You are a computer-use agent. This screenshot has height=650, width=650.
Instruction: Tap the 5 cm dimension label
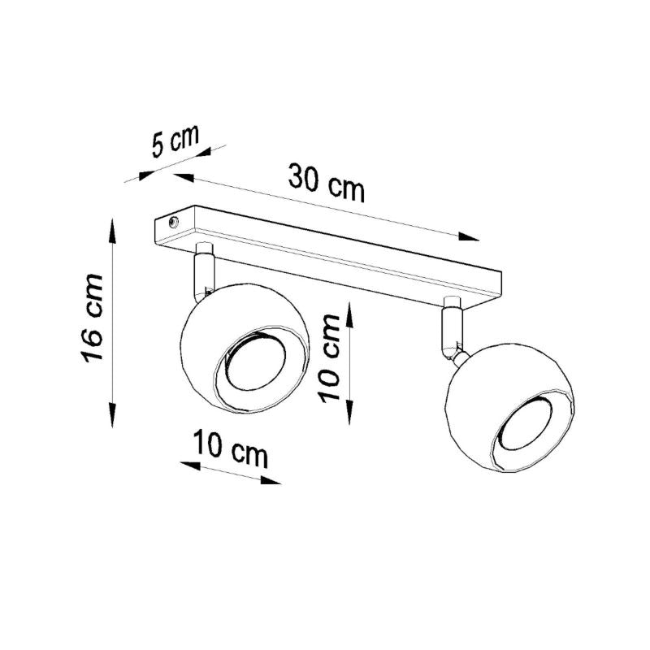tap(175, 141)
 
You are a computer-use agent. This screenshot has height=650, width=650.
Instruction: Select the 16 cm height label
tap(92, 318)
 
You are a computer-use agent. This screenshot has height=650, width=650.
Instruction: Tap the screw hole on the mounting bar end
tap(172, 220)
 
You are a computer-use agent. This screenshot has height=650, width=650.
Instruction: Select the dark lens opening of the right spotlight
tap(527, 428)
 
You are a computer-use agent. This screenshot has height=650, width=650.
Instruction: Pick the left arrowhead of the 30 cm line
tap(183, 177)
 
